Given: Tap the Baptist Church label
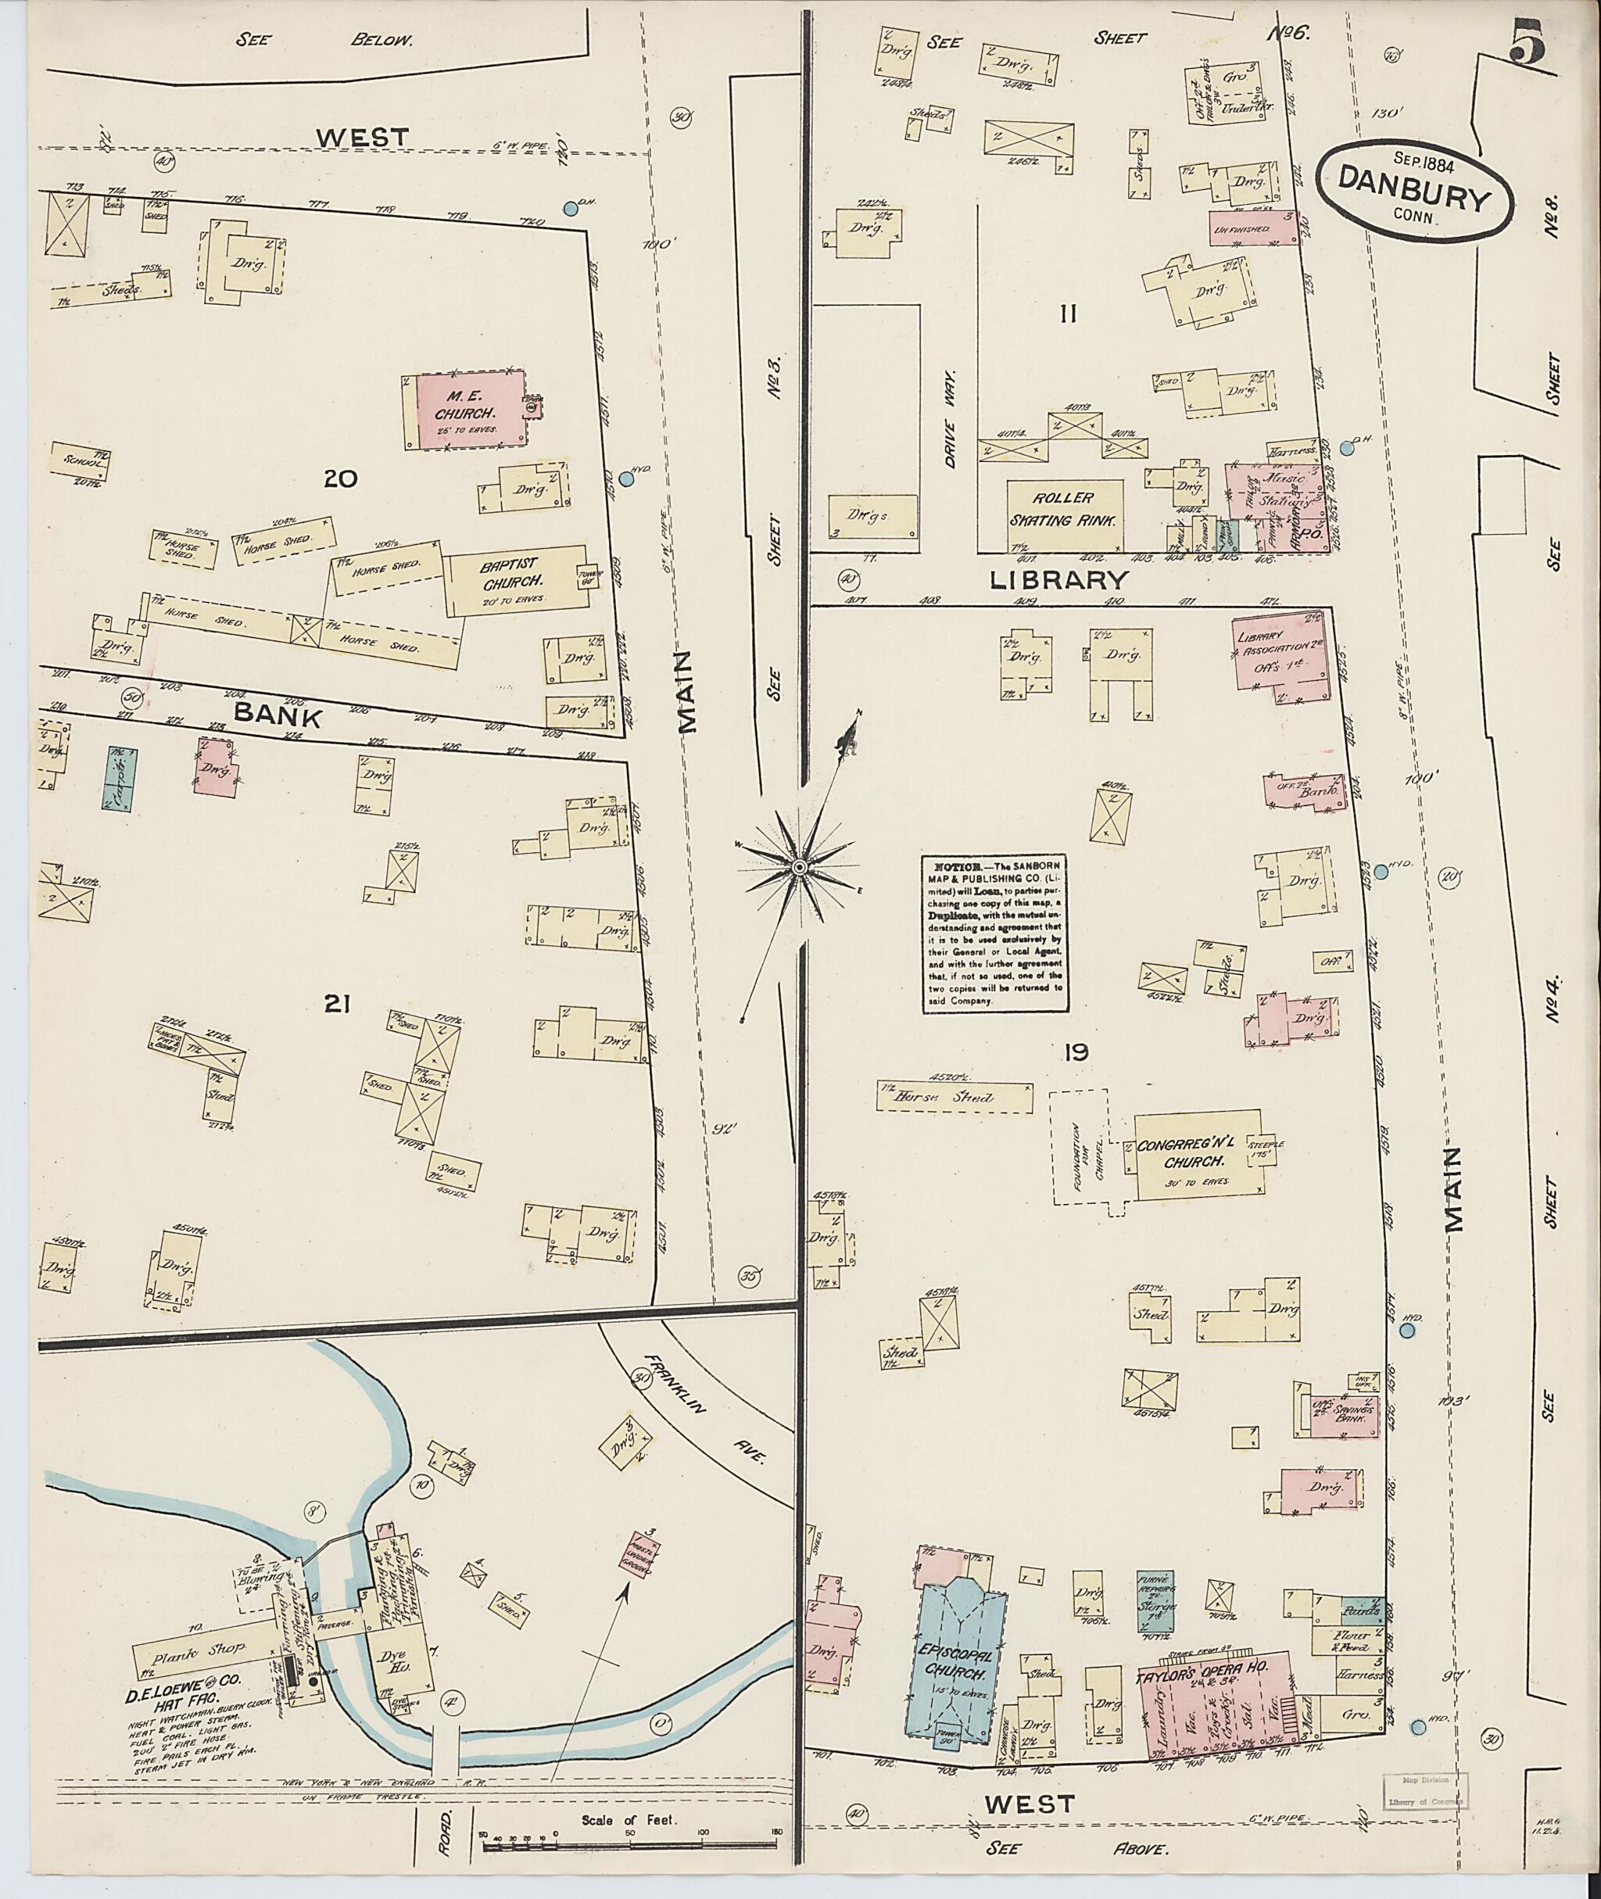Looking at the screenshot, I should click(513, 573).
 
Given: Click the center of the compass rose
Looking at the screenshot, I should click(799, 868).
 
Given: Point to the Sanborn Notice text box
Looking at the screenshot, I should click(994, 931).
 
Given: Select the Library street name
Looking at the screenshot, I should click(1058, 579).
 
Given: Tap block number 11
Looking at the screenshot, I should click(1067, 314).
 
